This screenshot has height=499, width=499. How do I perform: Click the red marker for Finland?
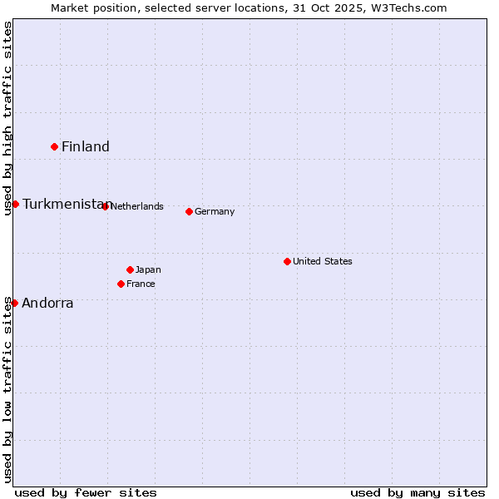(55, 146)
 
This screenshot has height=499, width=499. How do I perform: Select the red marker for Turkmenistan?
(15, 204)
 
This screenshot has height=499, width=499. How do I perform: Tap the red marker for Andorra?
(14, 303)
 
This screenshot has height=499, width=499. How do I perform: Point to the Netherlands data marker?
(105, 206)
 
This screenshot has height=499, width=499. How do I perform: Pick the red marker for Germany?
(190, 211)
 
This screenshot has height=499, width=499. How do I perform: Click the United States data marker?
(288, 261)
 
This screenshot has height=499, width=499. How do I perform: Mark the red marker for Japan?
(130, 269)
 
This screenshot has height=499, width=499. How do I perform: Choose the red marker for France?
(121, 284)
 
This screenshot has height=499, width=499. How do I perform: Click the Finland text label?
(86, 147)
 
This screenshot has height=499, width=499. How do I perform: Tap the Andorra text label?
(47, 304)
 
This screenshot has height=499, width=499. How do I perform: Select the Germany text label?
(215, 212)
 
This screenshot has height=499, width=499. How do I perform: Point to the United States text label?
(323, 261)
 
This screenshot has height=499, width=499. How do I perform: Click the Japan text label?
(148, 270)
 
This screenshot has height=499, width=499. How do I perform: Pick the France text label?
(141, 284)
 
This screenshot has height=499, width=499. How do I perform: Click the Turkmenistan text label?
(64, 205)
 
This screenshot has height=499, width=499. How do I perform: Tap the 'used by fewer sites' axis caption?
(86, 492)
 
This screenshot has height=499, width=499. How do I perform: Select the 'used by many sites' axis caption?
(417, 492)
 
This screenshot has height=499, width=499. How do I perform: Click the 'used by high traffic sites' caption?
(7, 118)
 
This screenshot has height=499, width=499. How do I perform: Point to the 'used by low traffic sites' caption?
(7, 389)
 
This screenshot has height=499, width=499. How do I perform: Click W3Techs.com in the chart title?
(407, 7)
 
